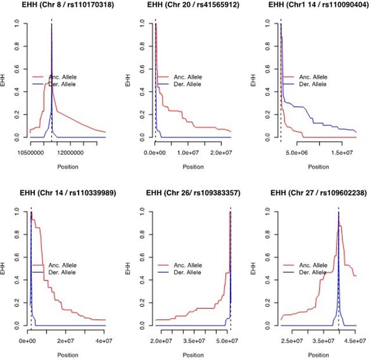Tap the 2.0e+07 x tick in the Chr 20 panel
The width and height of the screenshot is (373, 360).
220,152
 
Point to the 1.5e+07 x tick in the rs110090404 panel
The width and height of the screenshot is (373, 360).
343,152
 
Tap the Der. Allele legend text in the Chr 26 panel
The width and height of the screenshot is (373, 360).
187,272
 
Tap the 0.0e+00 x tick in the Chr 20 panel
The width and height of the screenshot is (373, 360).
155,152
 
